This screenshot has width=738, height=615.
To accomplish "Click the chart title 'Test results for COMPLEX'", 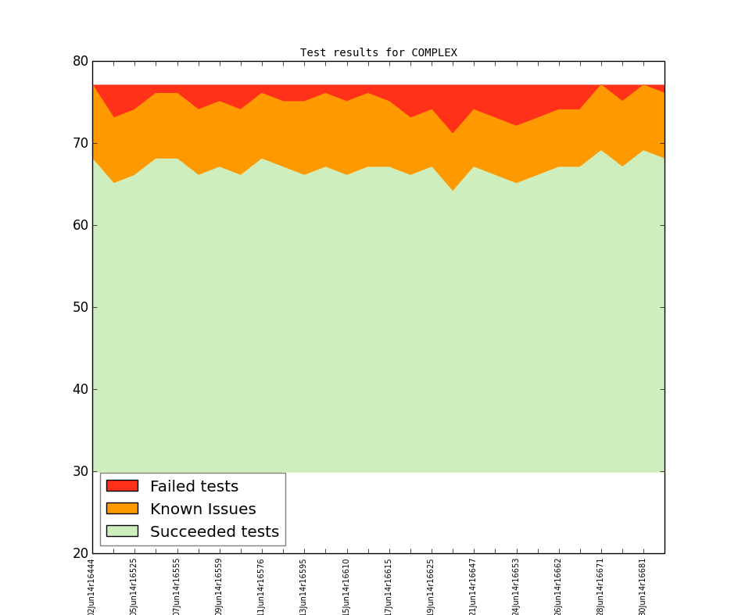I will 378,53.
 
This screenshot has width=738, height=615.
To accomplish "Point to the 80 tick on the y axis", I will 79,61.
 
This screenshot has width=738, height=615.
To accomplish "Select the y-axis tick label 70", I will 79,143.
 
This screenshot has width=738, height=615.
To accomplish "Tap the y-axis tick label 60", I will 79,225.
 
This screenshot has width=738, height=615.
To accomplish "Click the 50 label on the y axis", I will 79,307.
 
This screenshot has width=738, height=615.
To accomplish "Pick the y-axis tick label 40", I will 79,389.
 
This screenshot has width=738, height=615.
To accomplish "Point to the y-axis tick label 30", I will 79,471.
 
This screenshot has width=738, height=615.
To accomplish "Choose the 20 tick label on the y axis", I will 79,553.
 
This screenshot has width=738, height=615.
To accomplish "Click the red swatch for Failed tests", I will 122,486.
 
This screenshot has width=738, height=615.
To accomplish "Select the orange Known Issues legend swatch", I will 122,509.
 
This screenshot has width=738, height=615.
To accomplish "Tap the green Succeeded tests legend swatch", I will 122,531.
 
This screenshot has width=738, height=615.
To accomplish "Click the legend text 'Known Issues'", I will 202,510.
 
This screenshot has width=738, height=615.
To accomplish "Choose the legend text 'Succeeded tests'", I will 214,532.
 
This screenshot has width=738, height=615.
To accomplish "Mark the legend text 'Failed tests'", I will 194,487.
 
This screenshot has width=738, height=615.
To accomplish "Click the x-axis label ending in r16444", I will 91,586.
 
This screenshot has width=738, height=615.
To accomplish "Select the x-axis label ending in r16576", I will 261,586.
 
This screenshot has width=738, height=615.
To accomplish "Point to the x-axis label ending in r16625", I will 431,586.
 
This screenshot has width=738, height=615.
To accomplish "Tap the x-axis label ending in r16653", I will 516,586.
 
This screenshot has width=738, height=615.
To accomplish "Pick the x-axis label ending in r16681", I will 643,586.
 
